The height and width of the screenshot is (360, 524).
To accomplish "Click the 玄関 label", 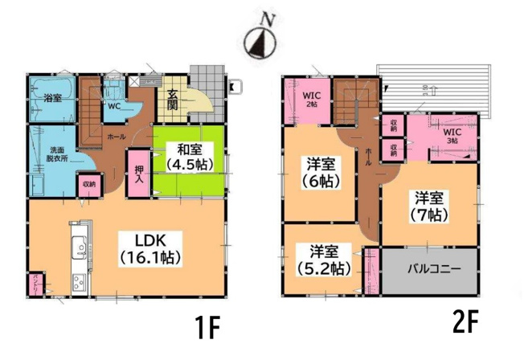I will coord(173,99).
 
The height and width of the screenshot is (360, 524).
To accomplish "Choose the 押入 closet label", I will coord(139,174).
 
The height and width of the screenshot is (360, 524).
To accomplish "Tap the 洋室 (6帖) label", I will coord(319,174).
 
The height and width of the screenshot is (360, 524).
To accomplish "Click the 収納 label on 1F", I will coord(87,183).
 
